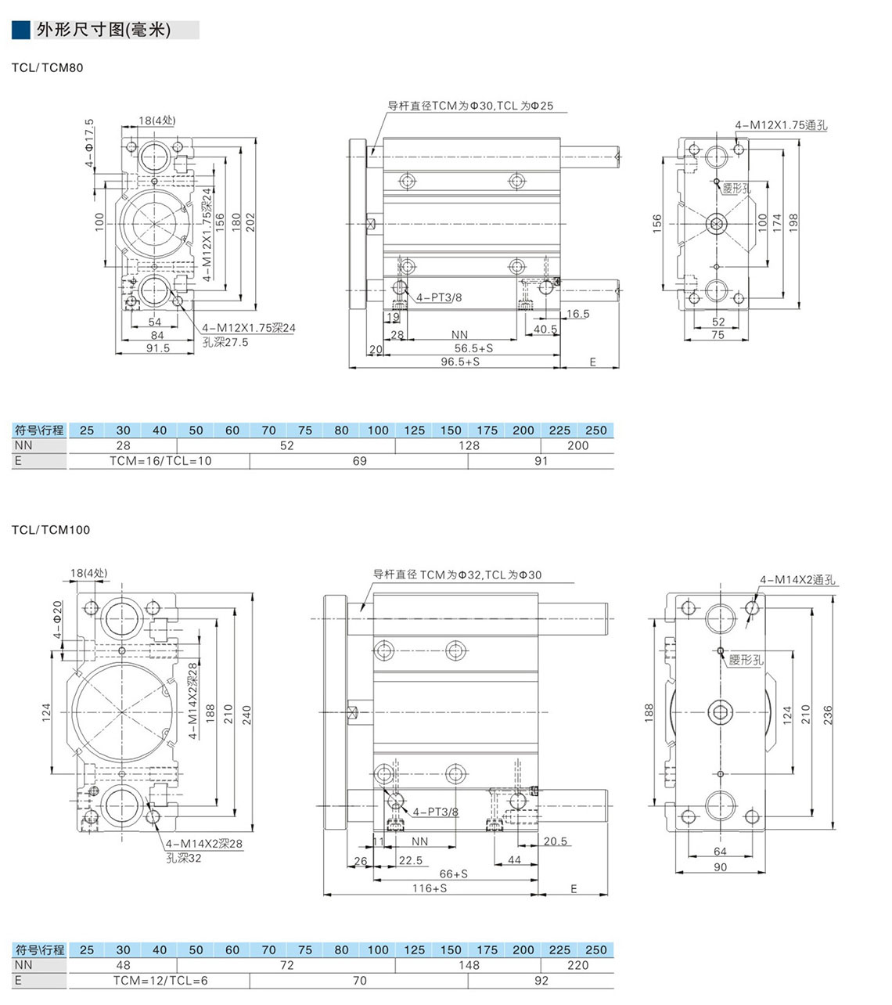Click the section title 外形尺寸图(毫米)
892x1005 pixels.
pos(103,31)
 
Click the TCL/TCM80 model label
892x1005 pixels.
pos(47,68)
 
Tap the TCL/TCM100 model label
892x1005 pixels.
pos(51,530)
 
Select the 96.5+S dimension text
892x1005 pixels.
pos(460,362)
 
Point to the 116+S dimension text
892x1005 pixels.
pos(430,888)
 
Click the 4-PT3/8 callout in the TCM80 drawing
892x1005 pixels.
pos(438,297)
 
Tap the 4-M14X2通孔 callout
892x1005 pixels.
pos(797,580)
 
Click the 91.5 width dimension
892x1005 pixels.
pos(157,348)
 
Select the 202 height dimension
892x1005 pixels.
pos(250,221)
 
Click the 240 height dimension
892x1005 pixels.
pos(246,714)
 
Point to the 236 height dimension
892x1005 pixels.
pos(828,714)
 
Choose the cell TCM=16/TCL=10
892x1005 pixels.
pos(160,461)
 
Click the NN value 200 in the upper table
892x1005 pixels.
pos(577,445)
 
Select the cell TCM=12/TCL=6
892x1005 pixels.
pos(160,981)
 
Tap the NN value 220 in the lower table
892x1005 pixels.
pos(577,965)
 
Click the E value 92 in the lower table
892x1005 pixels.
pos(541,981)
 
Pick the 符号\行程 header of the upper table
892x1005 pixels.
pos(39,430)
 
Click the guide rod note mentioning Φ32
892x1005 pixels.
pos(457,575)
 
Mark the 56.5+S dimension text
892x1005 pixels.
pos(473,348)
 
